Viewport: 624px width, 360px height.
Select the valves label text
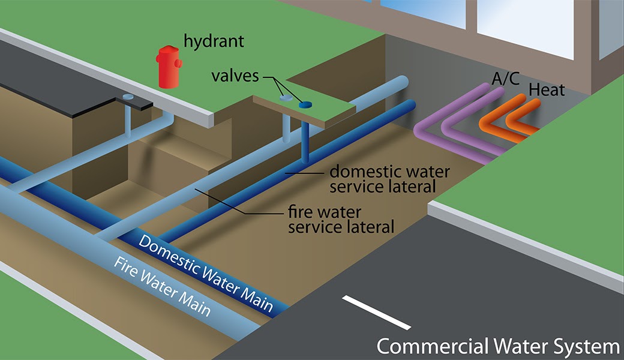235,76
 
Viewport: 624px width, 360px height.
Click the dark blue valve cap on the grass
305,105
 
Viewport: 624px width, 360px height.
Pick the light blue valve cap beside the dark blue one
287,97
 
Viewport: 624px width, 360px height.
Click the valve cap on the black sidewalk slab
128,97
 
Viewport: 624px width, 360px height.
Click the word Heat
547,91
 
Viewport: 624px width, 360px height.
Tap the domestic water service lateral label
389,179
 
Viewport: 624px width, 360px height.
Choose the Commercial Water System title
497,346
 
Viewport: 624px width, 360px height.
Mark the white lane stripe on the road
376,312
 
